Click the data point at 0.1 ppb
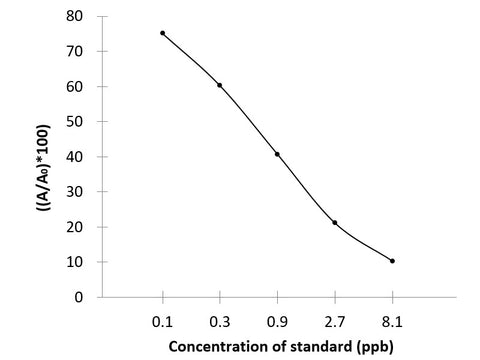click(162, 33)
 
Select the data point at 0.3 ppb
click(220, 85)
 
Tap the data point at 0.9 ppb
click(277, 154)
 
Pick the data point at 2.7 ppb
click(335, 222)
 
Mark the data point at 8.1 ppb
click(392, 261)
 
